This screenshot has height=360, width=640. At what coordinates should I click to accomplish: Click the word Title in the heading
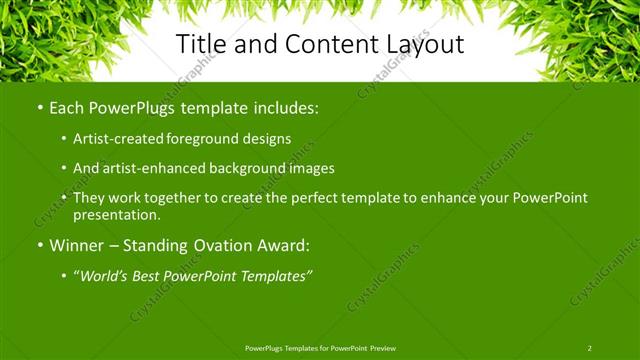tap(204, 44)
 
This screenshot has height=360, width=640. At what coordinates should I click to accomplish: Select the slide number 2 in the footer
tap(589, 348)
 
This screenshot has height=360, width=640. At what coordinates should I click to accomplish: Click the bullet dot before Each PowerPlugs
tap(39, 106)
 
